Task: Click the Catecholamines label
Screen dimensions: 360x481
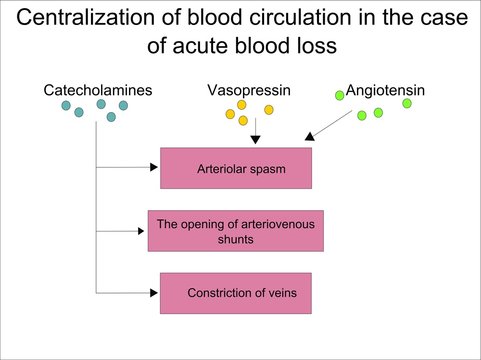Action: point(98,90)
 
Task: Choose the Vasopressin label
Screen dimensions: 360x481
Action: point(248,90)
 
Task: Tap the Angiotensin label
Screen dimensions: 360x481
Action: point(385,90)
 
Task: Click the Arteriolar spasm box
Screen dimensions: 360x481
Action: point(237,168)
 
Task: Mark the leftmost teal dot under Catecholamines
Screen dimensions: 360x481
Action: point(66,106)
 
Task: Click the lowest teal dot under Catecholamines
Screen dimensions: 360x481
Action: point(111,117)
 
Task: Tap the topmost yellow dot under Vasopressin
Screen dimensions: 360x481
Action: point(241,104)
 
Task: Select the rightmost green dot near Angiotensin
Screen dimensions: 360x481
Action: point(406,103)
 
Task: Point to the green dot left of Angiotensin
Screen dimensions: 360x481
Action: point(339,95)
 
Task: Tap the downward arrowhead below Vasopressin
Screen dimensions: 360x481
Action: point(256,139)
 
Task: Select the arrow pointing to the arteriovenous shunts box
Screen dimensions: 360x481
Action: point(125,230)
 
